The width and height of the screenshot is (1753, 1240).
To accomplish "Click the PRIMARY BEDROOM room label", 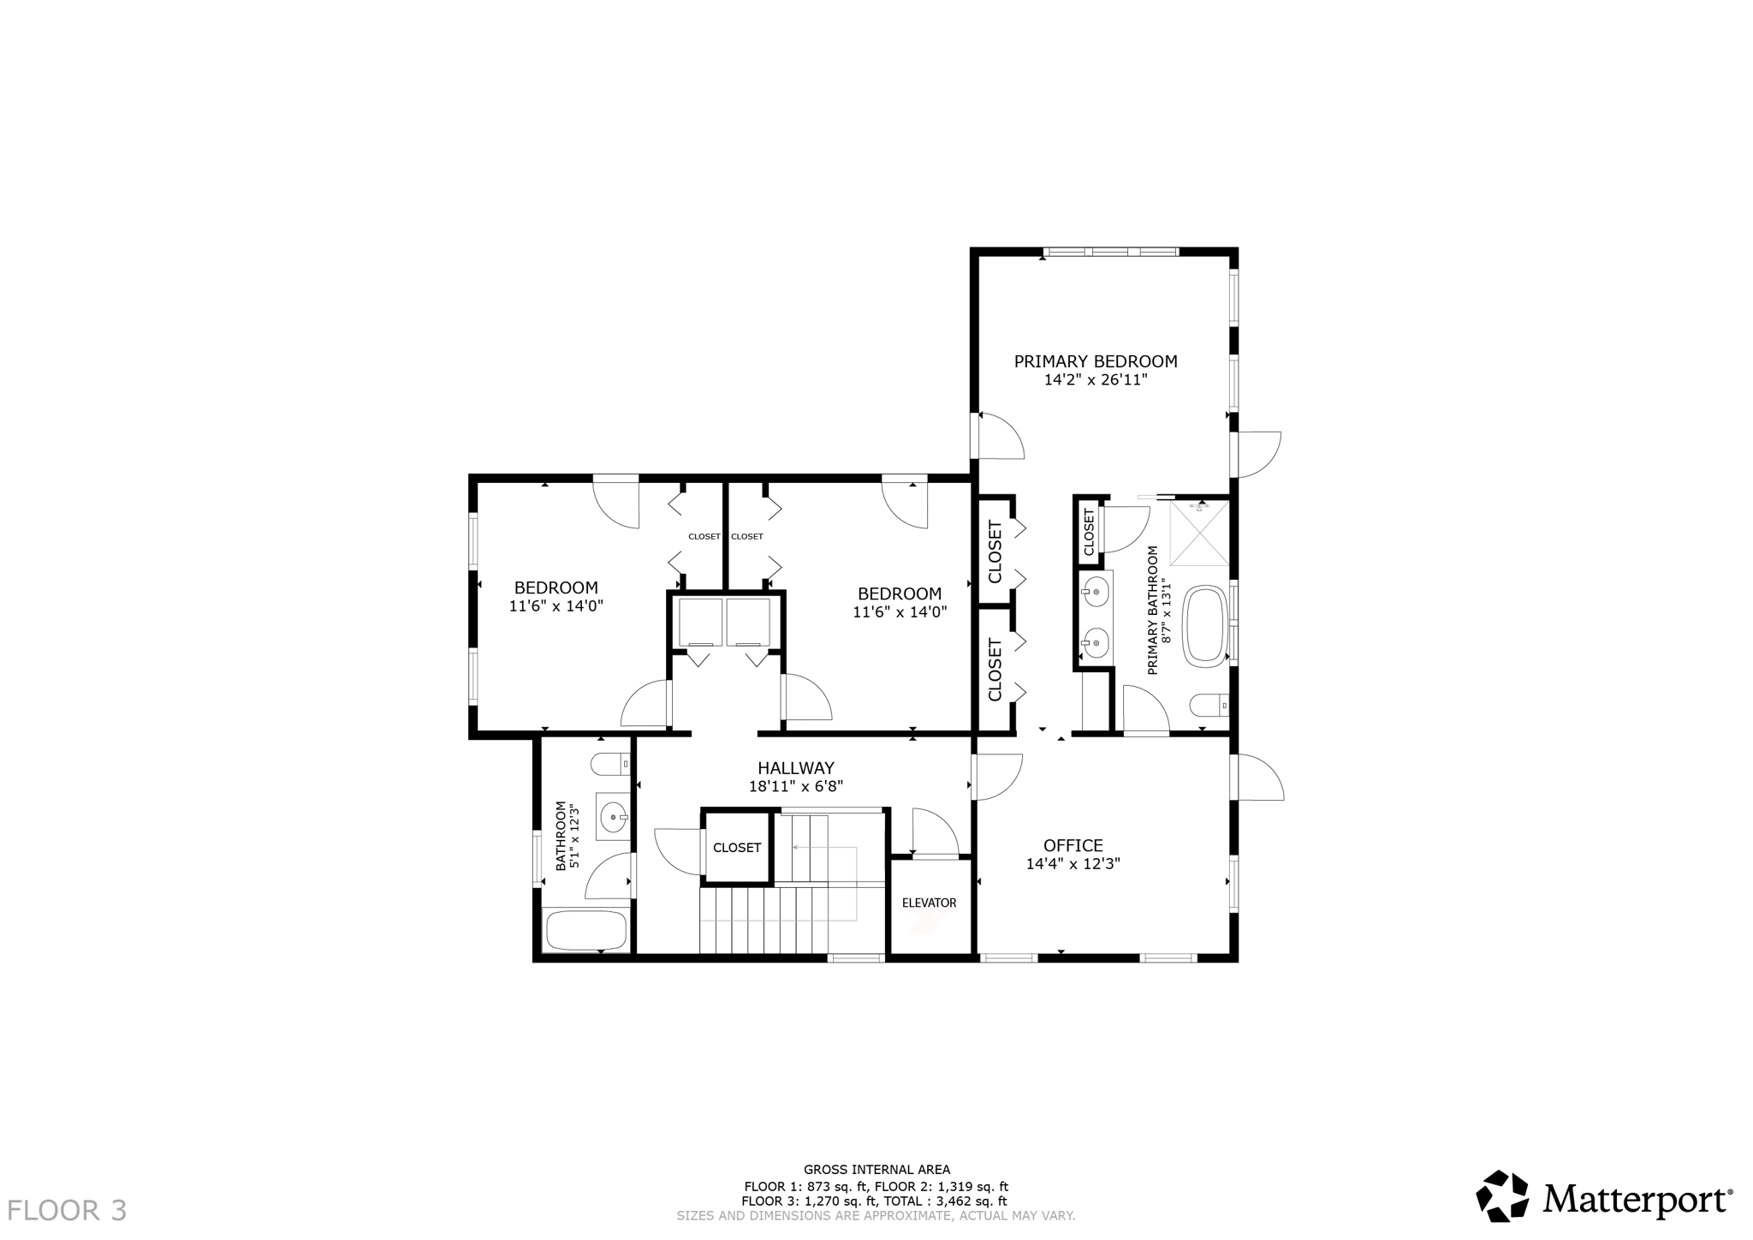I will [x=1095, y=361].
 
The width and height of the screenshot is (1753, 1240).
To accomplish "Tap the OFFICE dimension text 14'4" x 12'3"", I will [x=1073, y=864].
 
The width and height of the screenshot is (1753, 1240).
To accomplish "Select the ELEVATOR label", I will [x=929, y=903].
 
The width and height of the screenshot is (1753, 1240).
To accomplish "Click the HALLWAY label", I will [x=795, y=768].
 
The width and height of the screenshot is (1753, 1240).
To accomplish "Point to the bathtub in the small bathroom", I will [x=586, y=930].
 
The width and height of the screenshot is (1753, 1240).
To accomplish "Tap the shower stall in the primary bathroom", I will [x=1199, y=534].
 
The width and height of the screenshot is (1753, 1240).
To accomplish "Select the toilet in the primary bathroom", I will [x=1209, y=706].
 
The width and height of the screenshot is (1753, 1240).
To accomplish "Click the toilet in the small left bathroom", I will [x=611, y=763].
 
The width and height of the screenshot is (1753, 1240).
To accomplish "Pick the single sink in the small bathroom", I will [x=615, y=817].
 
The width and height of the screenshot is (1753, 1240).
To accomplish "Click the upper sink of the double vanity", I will [x=1096, y=591].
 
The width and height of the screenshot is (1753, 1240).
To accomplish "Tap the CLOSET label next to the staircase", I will [x=737, y=848].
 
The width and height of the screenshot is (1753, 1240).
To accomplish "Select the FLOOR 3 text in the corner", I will [x=67, y=1210].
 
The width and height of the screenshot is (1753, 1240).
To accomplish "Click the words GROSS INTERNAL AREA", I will [x=876, y=1170].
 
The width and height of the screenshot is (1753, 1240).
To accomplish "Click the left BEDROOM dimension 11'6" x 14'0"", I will [x=556, y=606].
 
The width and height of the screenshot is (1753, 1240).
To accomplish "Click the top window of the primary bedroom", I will [x=1109, y=252].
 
